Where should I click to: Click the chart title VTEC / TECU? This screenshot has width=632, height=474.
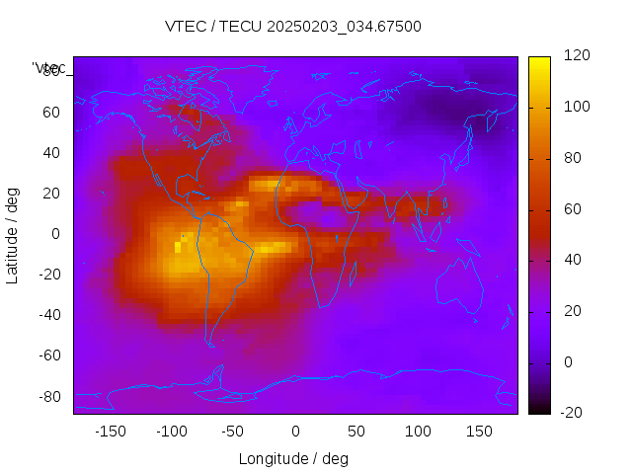click(x=293, y=27)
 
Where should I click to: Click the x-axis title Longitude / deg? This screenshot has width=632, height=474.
click(x=293, y=459)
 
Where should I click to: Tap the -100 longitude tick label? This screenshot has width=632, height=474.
click(x=171, y=432)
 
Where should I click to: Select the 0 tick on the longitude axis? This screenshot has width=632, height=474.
click(x=295, y=432)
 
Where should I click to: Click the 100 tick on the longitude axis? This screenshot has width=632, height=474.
click(x=418, y=432)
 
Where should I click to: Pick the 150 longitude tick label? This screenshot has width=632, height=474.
click(x=480, y=432)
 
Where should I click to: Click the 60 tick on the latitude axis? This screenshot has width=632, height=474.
click(x=51, y=113)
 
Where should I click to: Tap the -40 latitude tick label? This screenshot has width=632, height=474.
click(x=48, y=315)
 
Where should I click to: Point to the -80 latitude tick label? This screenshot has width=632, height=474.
click(x=48, y=396)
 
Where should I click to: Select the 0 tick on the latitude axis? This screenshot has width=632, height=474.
click(x=56, y=234)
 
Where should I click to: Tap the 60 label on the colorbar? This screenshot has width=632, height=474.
click(x=573, y=209)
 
